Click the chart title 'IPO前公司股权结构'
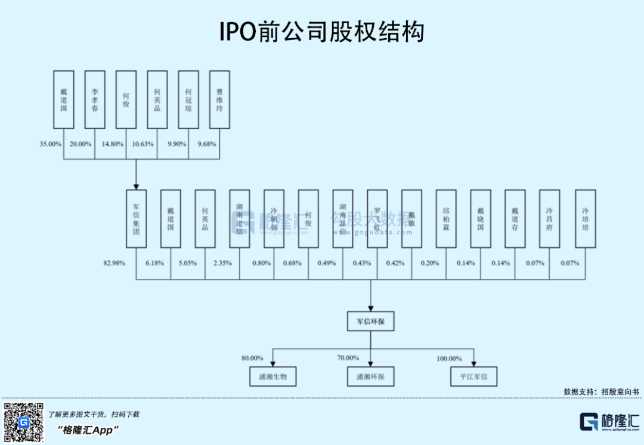point(322,32)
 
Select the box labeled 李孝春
point(95,100)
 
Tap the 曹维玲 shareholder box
point(219,100)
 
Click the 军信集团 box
point(136,219)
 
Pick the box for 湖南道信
point(240,219)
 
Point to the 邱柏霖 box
point(446,219)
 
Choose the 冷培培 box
point(585,219)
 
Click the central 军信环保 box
point(371,322)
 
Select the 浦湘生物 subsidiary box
point(273,376)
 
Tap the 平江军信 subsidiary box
point(474,376)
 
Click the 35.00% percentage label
point(51,144)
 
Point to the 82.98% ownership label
point(114,263)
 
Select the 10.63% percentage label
point(143,144)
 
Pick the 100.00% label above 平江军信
point(449,359)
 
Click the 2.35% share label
point(223,263)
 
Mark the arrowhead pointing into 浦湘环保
point(371,363)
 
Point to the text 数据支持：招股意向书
point(601,391)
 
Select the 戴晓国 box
point(481,219)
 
